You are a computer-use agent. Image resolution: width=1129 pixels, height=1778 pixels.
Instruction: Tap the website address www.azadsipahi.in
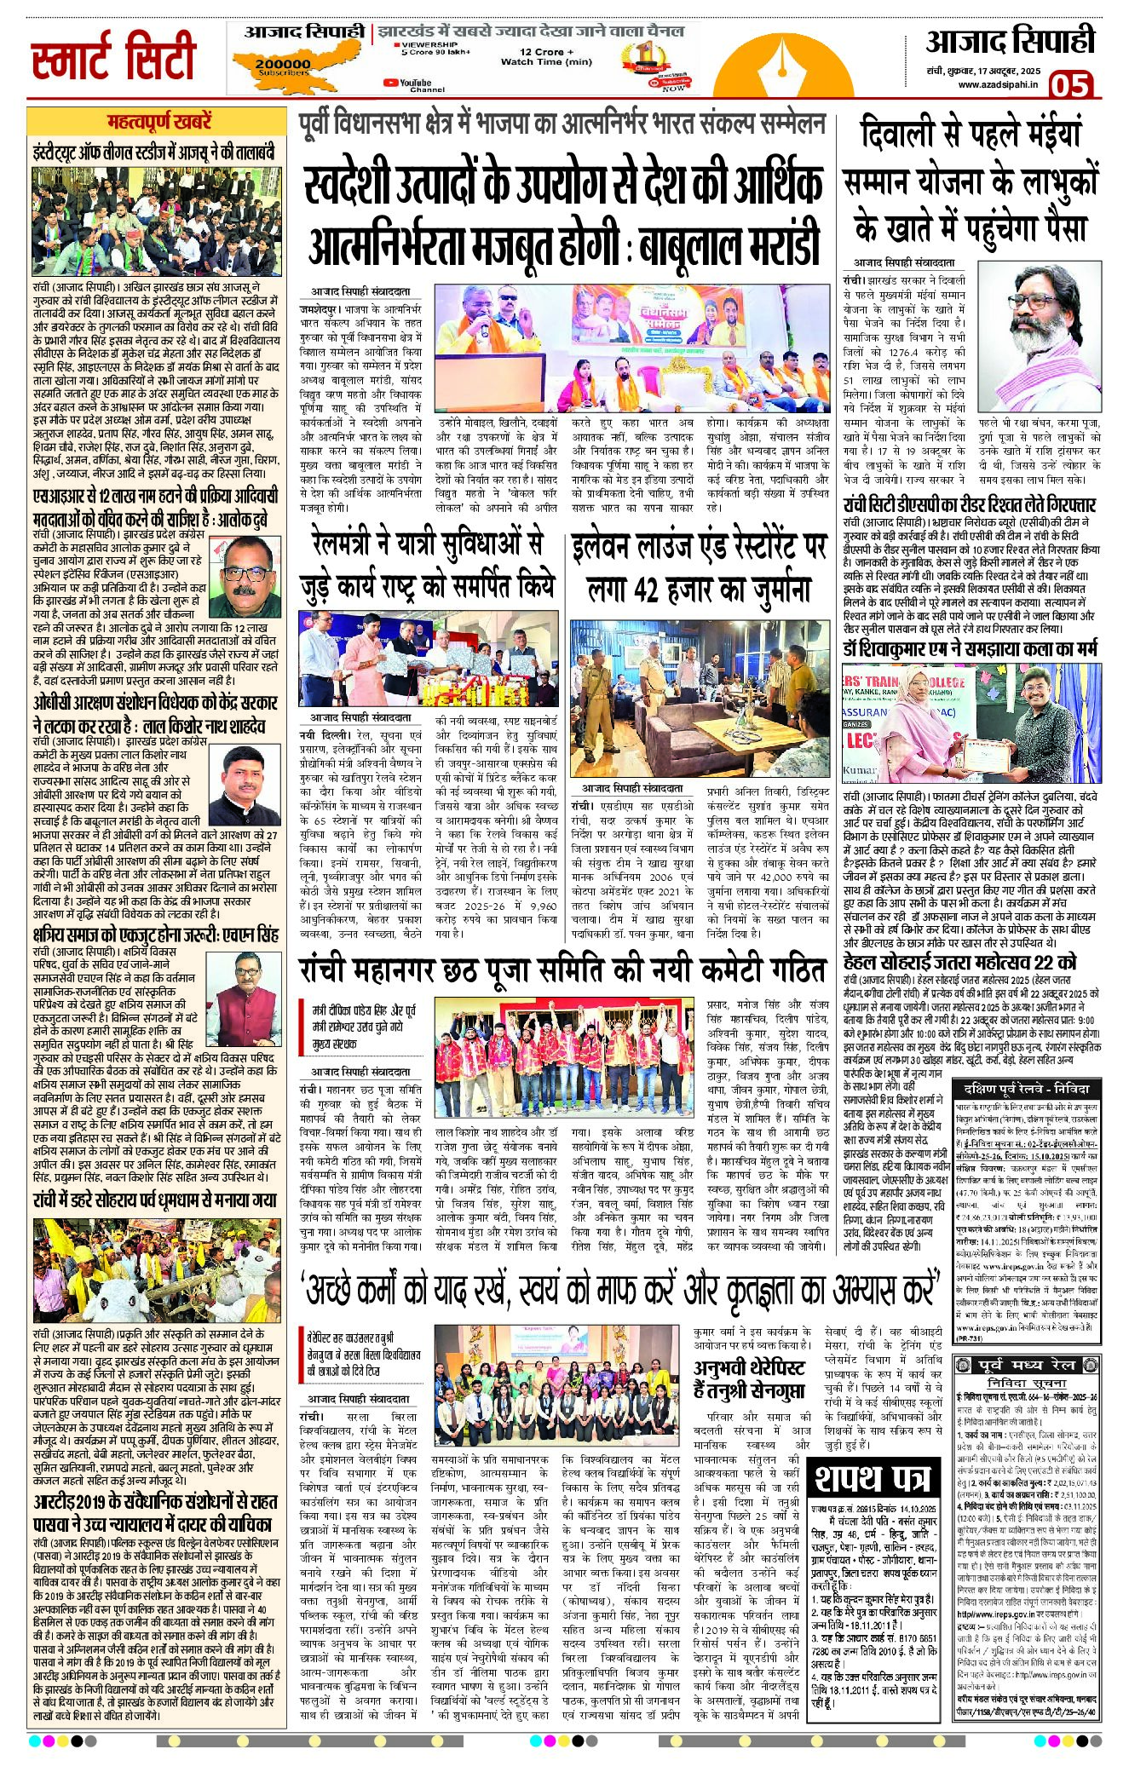point(997,84)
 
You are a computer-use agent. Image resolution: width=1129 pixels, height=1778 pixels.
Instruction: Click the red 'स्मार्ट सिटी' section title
point(113,59)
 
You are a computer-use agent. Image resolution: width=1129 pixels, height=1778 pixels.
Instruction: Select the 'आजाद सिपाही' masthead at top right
point(1010,40)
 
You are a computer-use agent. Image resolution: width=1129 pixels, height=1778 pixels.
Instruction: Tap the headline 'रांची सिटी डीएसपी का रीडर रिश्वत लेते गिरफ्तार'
point(969,505)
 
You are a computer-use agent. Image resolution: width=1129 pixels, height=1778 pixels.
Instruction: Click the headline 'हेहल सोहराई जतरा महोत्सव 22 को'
point(959,962)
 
